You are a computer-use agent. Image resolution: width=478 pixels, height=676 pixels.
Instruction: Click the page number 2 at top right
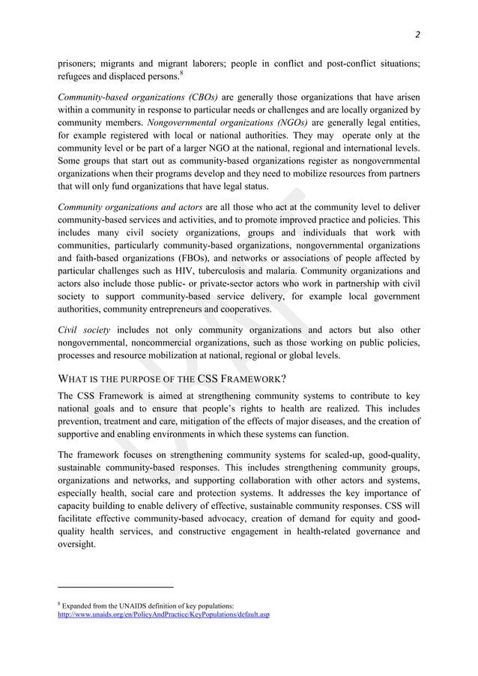417,34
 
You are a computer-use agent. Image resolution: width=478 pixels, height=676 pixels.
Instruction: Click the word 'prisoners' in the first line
81,64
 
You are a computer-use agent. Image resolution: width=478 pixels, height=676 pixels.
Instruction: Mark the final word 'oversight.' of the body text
76,545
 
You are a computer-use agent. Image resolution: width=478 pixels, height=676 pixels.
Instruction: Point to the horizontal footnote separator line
115,588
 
